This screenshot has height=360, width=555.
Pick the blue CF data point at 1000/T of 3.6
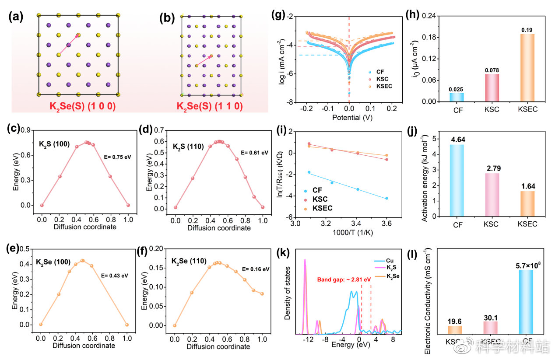tap(386, 199)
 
